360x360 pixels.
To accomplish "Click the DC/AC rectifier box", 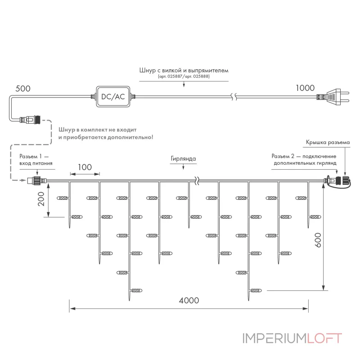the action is click(x=113, y=97).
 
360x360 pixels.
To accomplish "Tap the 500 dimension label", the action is click(x=23, y=89).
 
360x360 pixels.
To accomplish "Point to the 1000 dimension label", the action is click(x=305, y=88).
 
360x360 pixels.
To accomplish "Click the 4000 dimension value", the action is click(x=189, y=301).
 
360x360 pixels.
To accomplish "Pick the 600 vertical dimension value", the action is click(x=318, y=240).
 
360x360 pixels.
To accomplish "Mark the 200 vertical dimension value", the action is click(x=41, y=199).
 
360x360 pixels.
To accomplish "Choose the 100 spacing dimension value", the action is click(x=85, y=167).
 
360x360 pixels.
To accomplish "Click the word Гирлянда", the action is click(x=183, y=159).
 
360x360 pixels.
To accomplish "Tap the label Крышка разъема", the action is click(x=328, y=142).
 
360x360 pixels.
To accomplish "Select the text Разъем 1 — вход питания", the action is click(x=36, y=160).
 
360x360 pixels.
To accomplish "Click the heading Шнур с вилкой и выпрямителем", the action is click(x=184, y=70).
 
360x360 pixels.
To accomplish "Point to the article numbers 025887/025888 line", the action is click(x=184, y=76).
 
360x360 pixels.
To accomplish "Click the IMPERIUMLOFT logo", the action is click(x=292, y=338).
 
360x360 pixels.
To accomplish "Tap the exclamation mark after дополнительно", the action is click(x=152, y=137).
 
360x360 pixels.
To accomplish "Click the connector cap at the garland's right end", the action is click(x=343, y=180).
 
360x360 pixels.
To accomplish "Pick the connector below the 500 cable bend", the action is click(x=30, y=120).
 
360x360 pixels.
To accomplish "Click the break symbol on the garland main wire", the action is click(x=197, y=181).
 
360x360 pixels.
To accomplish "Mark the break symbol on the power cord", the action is click(x=234, y=97).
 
